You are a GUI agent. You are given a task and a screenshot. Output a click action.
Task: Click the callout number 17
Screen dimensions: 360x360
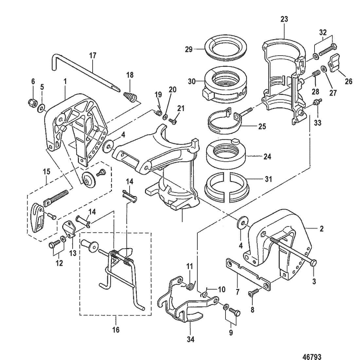93,56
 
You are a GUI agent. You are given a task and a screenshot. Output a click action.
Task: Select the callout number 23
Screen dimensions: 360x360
284,19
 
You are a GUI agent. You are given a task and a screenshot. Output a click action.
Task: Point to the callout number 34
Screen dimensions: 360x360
190,340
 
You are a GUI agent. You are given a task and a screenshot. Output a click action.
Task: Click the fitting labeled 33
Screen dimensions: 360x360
317,102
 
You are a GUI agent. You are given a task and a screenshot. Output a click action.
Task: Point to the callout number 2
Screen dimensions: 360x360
321,229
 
